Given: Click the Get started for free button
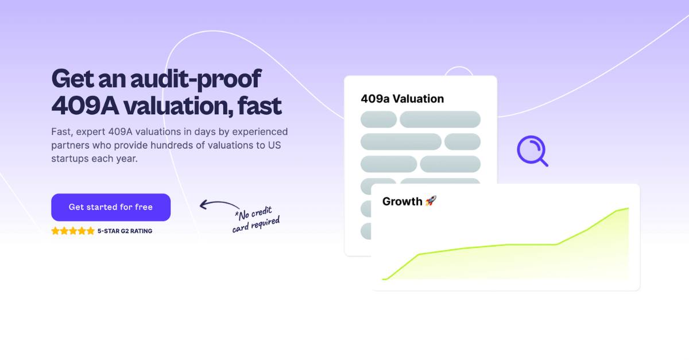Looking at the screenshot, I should tap(111, 207).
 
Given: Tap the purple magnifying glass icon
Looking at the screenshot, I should tap(532, 151).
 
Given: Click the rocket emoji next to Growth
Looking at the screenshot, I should tap(431, 202).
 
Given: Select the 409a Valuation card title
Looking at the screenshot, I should tap(402, 99).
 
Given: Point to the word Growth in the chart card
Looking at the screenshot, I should tap(402, 202).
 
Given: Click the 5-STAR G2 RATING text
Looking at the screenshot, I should tap(125, 231).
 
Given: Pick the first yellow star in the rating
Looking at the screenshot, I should tap(56, 231).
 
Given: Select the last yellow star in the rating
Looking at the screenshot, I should tap(90, 231).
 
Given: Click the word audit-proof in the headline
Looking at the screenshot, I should tap(195, 79).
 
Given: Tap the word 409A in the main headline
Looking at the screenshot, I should tap(84, 105).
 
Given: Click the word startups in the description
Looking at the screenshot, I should tap(70, 158).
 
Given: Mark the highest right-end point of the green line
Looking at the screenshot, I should tap(628, 208).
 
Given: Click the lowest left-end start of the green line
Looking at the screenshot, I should tap(384, 279).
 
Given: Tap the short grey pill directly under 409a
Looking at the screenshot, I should tap(378, 119).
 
